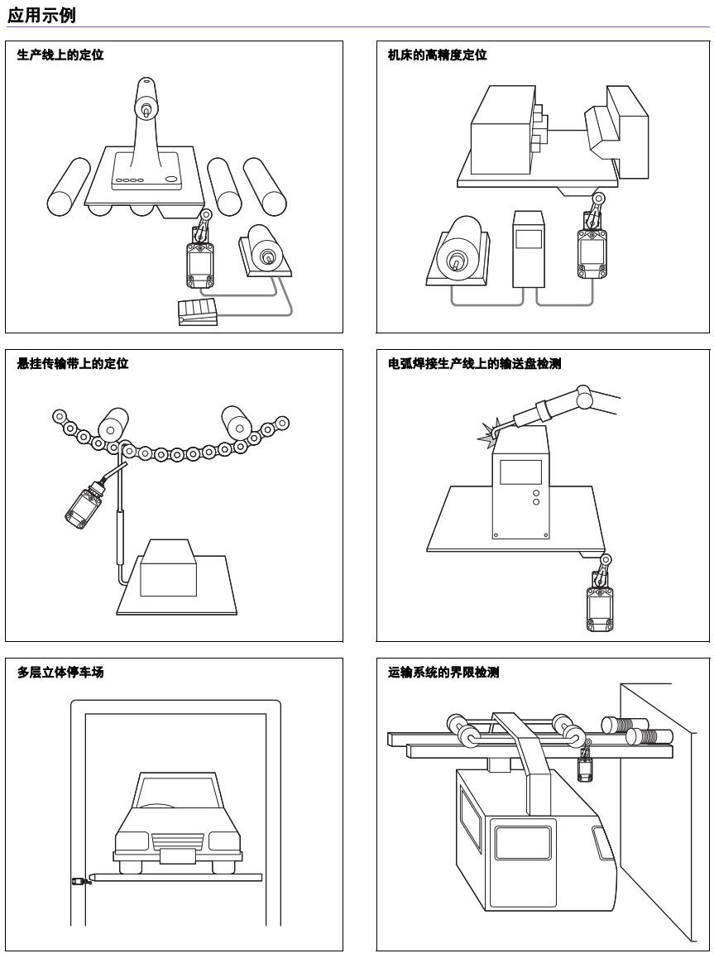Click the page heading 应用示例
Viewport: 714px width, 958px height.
coord(41,14)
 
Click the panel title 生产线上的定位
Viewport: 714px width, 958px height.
coord(60,55)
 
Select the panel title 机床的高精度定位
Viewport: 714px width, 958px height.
coord(437,55)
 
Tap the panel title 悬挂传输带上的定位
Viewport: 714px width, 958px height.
coord(73,363)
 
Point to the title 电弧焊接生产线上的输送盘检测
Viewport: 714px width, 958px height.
coord(474,363)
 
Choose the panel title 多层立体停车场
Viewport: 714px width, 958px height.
coord(60,672)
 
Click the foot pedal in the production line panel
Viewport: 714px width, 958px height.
coord(197,310)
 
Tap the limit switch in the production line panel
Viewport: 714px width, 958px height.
coord(199,262)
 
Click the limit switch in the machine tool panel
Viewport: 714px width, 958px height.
coord(592,253)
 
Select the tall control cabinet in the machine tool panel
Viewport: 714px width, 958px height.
coord(528,249)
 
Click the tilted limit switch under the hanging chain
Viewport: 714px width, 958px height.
coord(84,505)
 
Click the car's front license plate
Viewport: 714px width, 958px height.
coord(177,855)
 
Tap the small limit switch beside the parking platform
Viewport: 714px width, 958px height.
coord(79,881)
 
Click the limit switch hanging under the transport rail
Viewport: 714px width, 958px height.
coord(584,769)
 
